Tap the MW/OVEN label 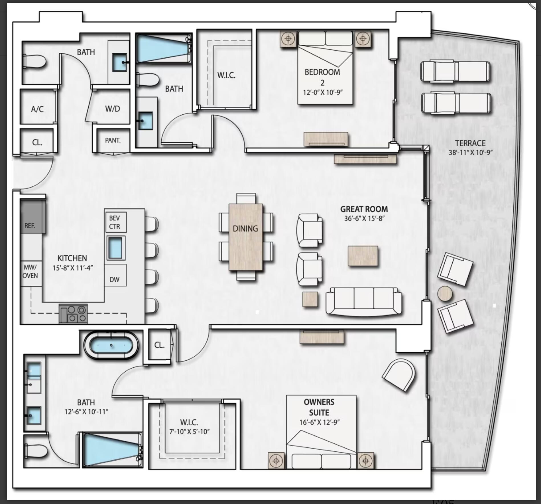30,271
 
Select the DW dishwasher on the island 115,279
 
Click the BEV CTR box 115,222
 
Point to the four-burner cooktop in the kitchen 73,314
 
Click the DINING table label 245,229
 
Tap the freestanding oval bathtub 111,345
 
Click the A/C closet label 37,109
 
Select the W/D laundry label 113,109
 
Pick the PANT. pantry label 113,140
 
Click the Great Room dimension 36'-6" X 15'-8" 364,218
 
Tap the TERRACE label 470,143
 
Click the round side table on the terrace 445,293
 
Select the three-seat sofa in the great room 364,302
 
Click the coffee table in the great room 363,256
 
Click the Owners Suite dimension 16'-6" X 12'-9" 319,422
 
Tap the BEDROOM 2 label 322,77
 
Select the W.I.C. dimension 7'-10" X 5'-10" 189,432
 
